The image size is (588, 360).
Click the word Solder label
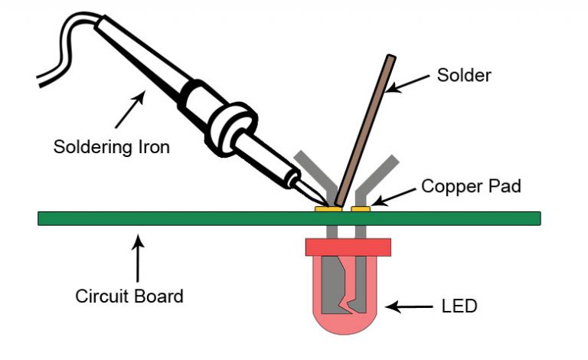tap(463, 75)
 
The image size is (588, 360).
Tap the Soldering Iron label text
tap(111, 146)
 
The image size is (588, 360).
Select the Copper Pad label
tap(471, 186)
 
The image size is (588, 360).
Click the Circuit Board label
tap(129, 296)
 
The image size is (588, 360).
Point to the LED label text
tap(459, 306)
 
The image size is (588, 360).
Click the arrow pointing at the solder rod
tap(409, 82)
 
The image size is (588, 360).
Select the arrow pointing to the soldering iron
tap(129, 106)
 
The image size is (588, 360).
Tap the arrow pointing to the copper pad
tap(395, 196)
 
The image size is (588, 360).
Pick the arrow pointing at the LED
tap(406, 306)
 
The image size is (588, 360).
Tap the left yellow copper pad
tap(328, 208)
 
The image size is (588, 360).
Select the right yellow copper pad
tap(361, 208)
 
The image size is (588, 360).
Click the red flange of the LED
tap(348, 247)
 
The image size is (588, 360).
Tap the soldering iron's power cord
tap(61, 46)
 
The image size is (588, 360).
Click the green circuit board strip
tap(191, 218)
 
